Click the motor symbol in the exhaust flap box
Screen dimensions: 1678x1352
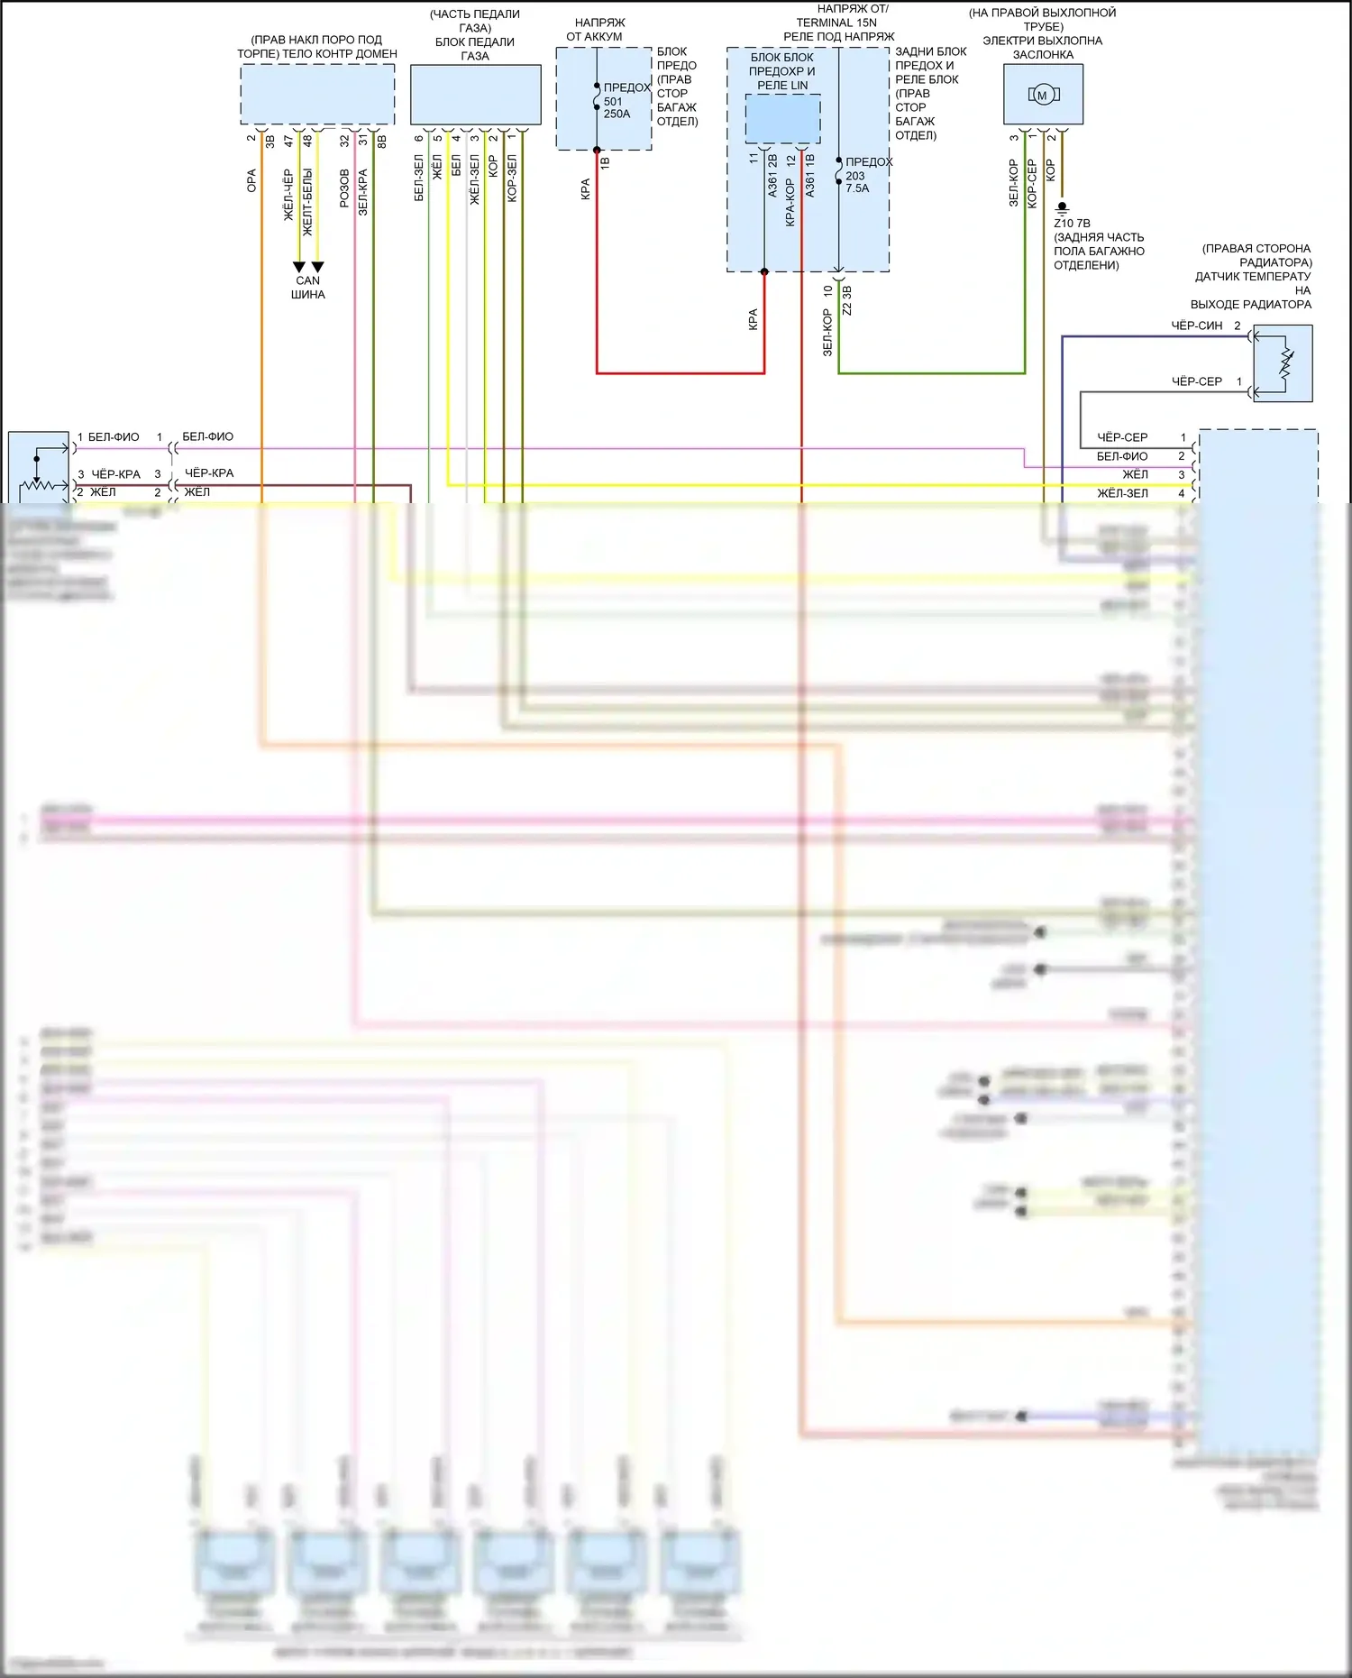[x=1043, y=95]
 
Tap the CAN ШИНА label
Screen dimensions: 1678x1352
[x=308, y=288]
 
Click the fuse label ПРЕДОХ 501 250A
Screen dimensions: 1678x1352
[x=621, y=101]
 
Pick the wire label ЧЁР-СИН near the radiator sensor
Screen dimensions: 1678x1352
[x=1196, y=326]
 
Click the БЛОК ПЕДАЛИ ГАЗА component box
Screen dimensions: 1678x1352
[x=475, y=94]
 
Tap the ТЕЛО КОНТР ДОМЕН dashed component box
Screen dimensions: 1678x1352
[x=317, y=94]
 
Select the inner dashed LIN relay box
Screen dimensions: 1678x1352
[x=782, y=118]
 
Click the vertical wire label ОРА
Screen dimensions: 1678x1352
[x=251, y=180]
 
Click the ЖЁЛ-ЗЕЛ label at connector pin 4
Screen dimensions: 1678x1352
[x=1122, y=493]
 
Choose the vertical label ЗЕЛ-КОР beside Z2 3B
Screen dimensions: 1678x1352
[x=827, y=332]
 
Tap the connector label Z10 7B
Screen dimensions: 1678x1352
[x=1072, y=224]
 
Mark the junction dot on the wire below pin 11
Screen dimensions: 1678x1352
[x=764, y=271]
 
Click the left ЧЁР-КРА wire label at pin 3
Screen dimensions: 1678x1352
[x=115, y=474]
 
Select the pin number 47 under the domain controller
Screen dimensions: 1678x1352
[x=288, y=141]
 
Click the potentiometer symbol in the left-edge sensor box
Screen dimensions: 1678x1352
[x=39, y=478]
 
